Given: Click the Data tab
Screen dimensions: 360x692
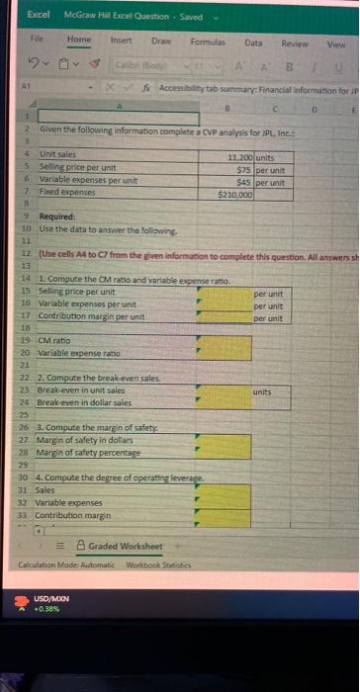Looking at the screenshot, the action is click(x=253, y=43).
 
